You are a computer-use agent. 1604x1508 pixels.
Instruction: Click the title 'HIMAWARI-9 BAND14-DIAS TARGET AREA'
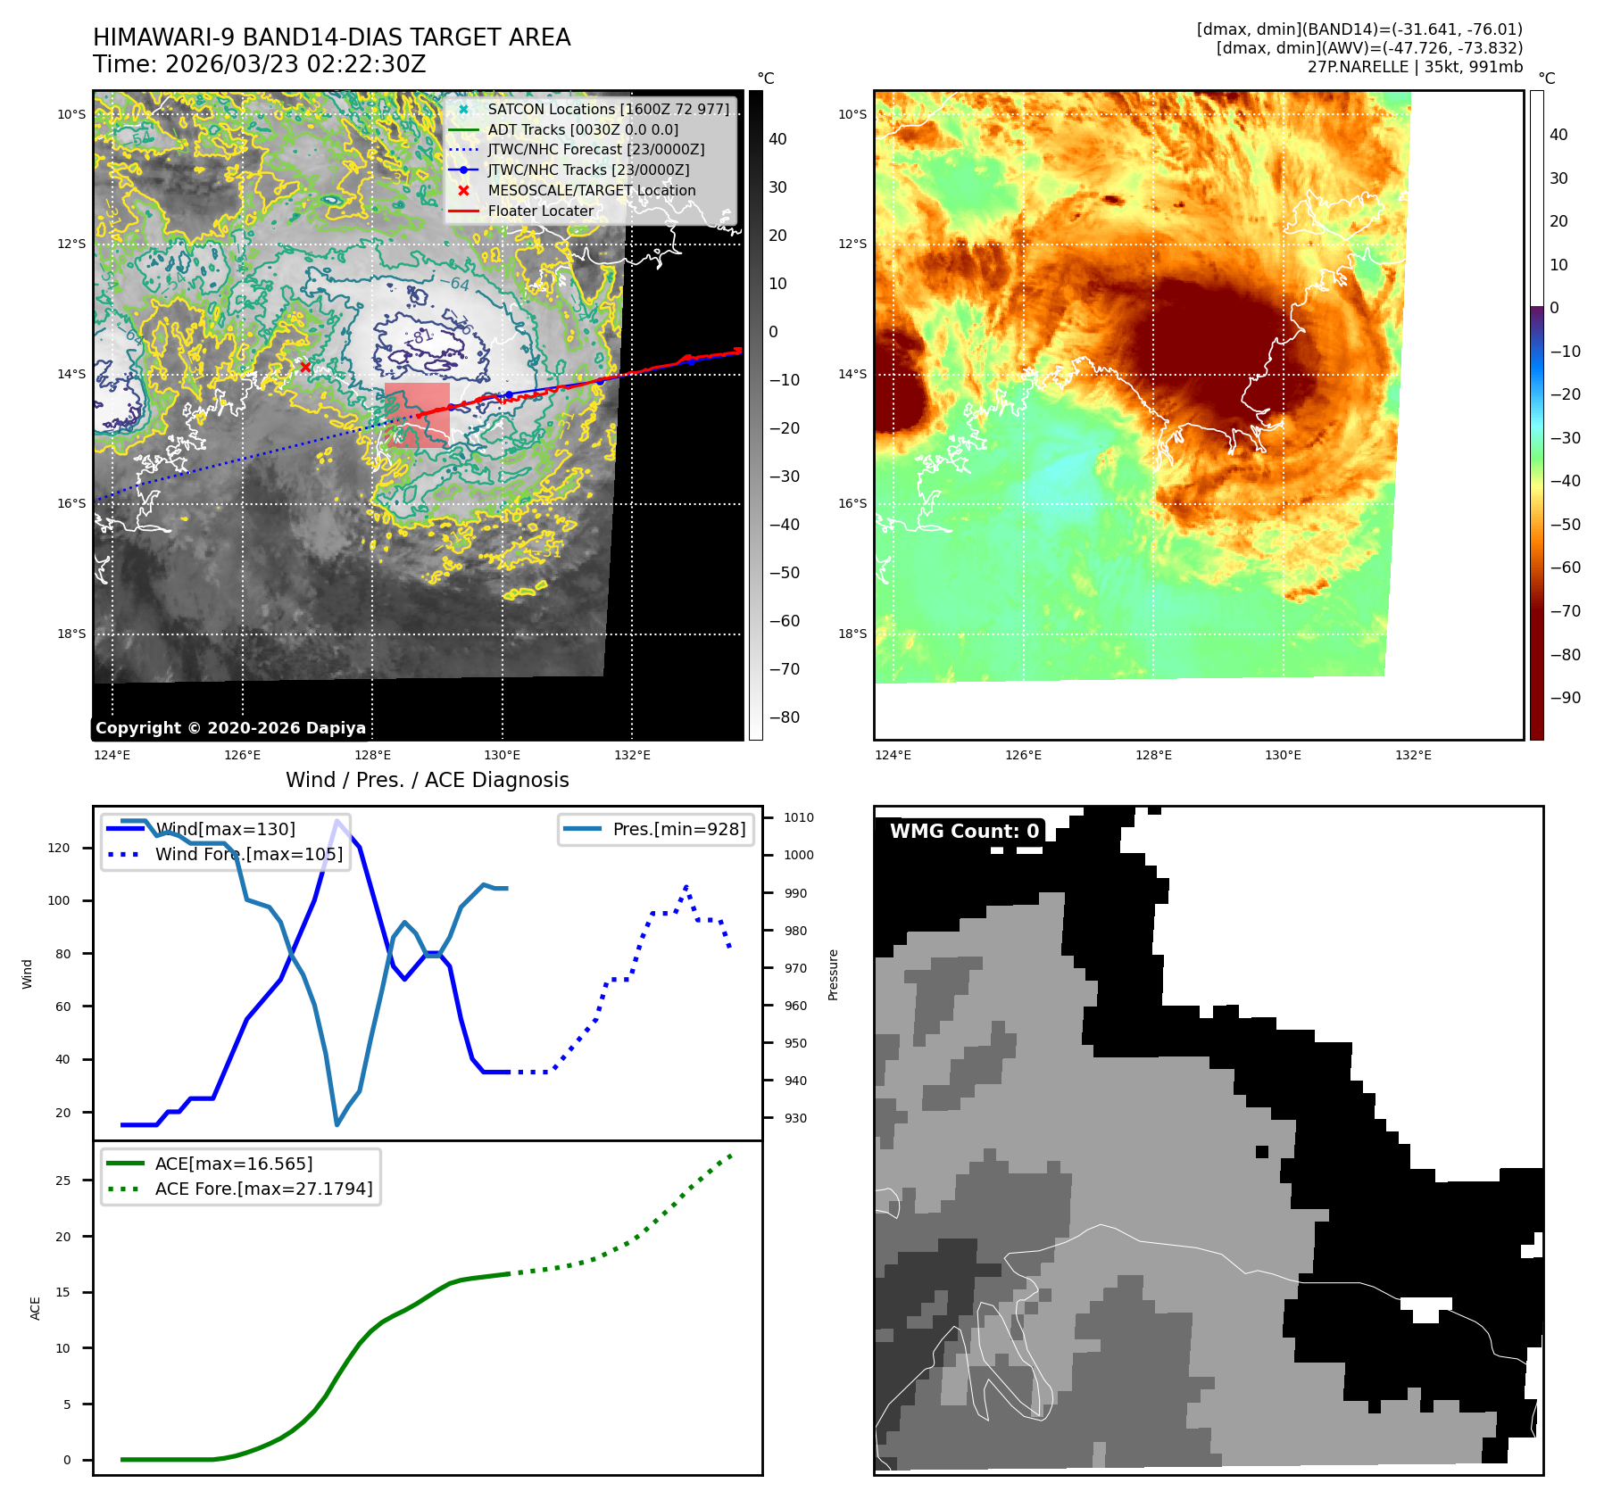(x=331, y=37)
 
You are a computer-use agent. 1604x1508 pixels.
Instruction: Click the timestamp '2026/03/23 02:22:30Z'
(x=295, y=65)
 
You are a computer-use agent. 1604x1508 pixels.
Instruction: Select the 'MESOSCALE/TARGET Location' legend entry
(x=591, y=190)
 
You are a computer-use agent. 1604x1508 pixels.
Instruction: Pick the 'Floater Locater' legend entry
(x=540, y=211)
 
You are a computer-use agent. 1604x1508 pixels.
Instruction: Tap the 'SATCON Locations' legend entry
(x=608, y=109)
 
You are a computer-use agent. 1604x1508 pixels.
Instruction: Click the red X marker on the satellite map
(x=305, y=367)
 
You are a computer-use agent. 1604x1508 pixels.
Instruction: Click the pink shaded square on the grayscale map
(x=417, y=415)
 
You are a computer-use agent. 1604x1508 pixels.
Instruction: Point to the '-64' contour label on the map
(x=454, y=284)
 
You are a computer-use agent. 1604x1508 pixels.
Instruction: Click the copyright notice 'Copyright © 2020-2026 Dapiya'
(x=230, y=728)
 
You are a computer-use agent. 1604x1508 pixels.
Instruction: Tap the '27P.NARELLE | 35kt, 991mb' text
(x=1415, y=67)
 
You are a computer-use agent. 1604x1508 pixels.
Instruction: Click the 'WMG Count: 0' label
(x=964, y=832)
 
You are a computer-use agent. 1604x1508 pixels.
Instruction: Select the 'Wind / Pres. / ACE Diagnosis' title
(x=427, y=780)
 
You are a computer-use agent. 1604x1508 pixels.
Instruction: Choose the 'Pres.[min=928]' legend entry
(x=678, y=829)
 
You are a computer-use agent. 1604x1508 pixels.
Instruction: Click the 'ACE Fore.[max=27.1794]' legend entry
(x=263, y=1189)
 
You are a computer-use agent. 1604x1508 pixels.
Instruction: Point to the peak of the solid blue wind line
(x=337, y=821)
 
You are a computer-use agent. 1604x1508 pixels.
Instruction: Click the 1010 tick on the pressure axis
(x=798, y=817)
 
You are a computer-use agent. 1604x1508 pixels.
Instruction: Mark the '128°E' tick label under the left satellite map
(x=372, y=755)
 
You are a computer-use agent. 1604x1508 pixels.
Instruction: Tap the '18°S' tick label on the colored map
(x=852, y=634)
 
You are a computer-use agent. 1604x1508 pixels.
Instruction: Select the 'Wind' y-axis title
(x=27, y=974)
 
